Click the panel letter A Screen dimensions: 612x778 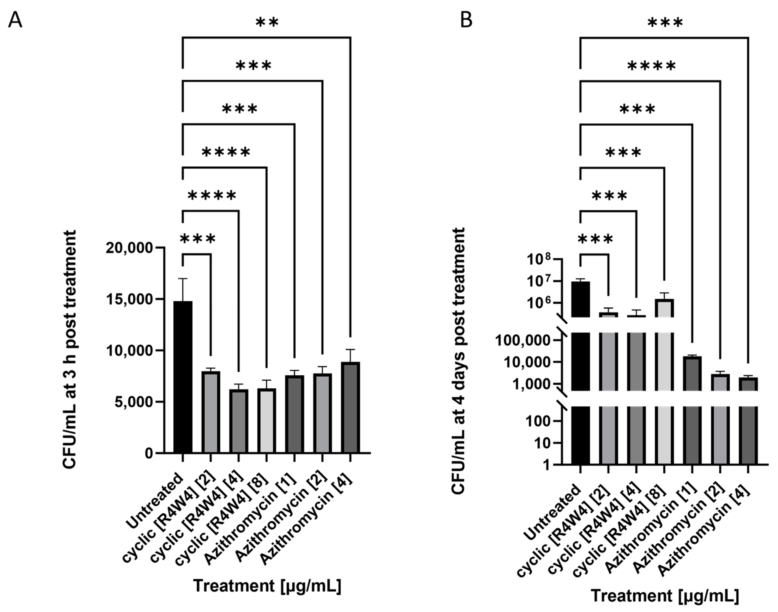pyautogui.click(x=15, y=21)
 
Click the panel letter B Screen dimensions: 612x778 pyautogui.click(x=466, y=21)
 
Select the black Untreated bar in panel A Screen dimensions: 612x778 pyautogui.click(x=183, y=376)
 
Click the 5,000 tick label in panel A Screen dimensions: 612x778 pyautogui.click(x=134, y=402)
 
